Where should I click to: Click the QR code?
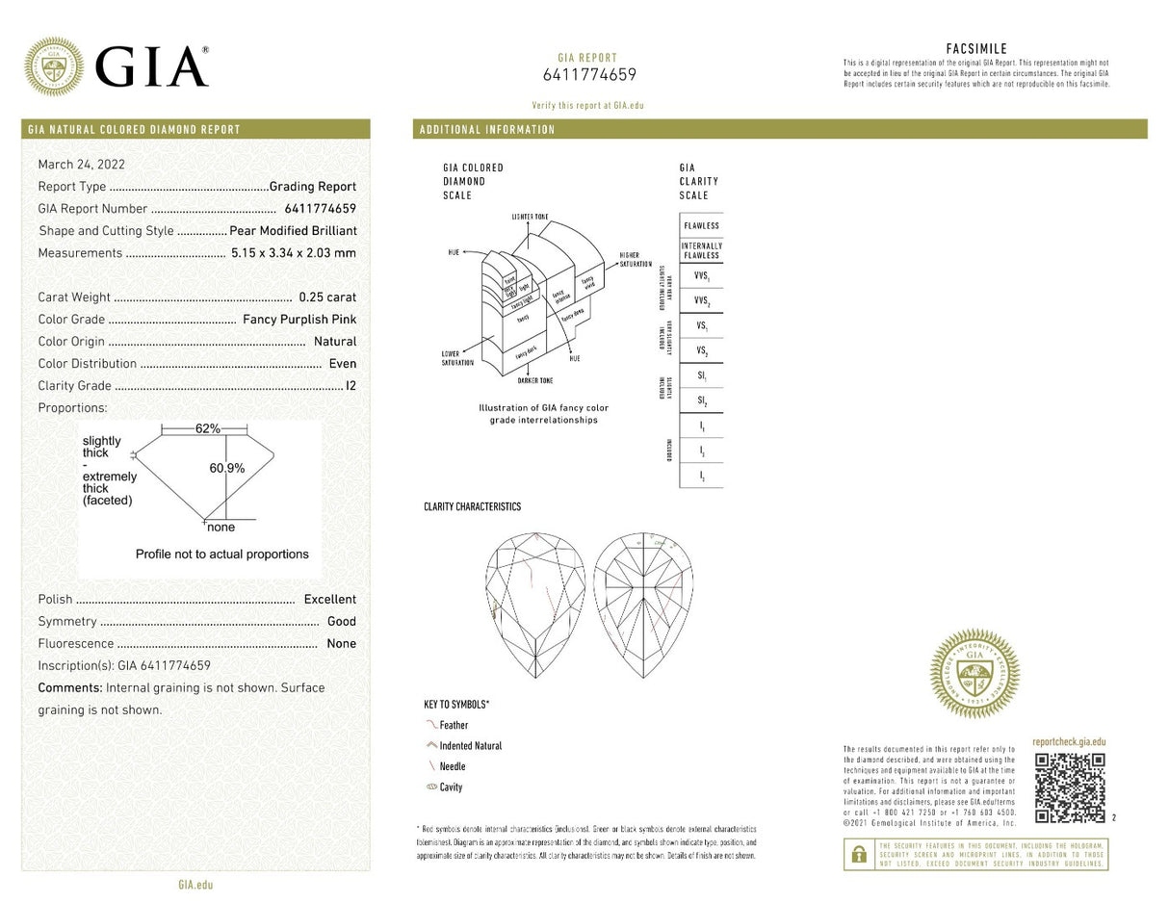[x=1069, y=787]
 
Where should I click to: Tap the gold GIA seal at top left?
[x=53, y=66]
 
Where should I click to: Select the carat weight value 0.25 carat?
[x=327, y=297]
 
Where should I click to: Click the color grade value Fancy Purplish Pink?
[x=299, y=320]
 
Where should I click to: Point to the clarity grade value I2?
[x=351, y=386]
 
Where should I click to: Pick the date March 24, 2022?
[x=81, y=165]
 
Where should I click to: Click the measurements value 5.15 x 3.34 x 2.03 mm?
[x=294, y=253]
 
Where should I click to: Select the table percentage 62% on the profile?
[x=208, y=428]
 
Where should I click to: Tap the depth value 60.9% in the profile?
[x=227, y=469]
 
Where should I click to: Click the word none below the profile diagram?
[x=221, y=528]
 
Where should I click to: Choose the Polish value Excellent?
[x=329, y=600]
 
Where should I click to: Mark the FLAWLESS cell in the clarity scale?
[x=701, y=225]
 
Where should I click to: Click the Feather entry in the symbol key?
[x=454, y=726]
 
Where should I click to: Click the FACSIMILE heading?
[x=976, y=49]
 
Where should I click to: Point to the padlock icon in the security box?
[x=859, y=855]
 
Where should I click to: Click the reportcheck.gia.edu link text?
[x=1069, y=742]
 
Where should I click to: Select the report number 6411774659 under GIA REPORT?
[x=589, y=75]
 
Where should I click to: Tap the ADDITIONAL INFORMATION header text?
[x=486, y=130]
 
